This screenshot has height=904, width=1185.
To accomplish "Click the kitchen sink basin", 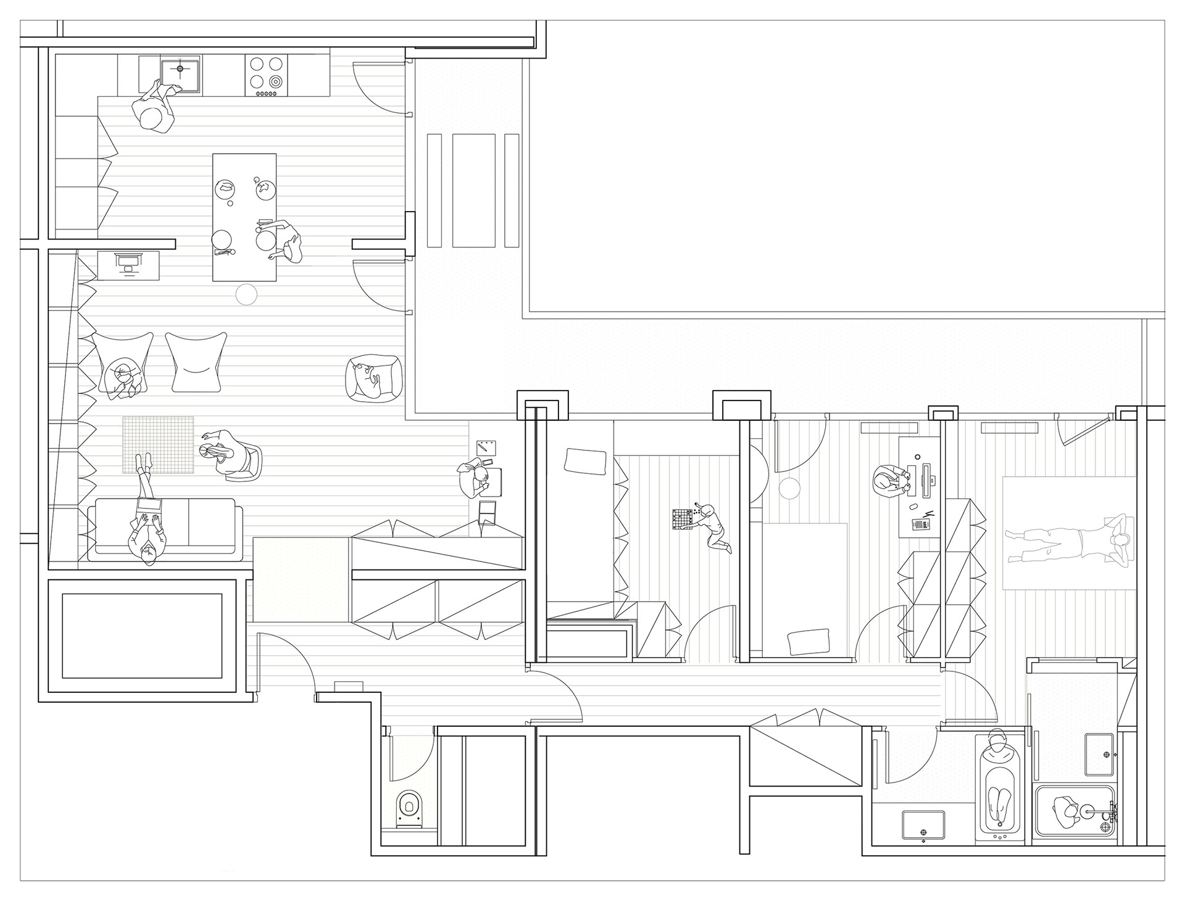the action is point(180,75).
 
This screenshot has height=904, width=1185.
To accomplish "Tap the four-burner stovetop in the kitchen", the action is point(267,73).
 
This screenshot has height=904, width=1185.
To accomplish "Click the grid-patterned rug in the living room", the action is point(158,445).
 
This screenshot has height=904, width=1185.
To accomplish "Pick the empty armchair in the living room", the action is point(196,362).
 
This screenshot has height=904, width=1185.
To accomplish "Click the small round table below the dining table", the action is point(246,295).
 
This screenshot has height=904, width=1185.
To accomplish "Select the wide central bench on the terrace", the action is point(474,190).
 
